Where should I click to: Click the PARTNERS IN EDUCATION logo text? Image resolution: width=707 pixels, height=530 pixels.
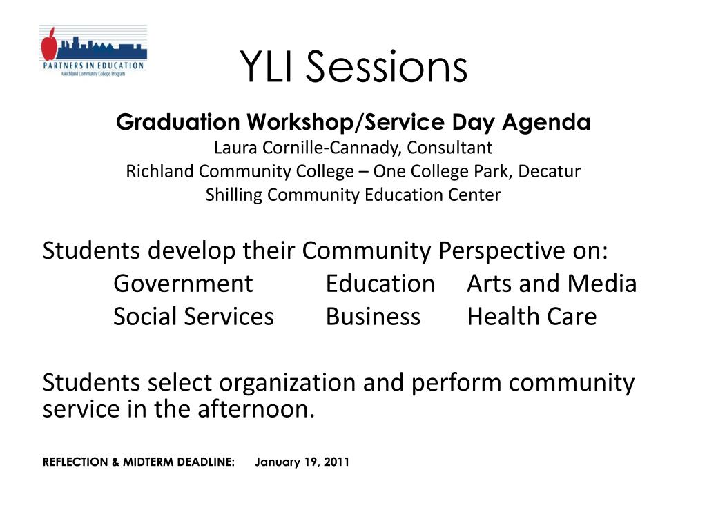(93, 66)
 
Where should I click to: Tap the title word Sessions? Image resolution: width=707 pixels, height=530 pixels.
(386, 67)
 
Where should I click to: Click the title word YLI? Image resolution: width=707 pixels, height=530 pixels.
(267, 67)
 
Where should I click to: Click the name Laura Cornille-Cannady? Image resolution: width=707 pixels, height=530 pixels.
(307, 148)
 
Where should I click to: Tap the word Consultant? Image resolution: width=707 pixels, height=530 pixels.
(449, 148)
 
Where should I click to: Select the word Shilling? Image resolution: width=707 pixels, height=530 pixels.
(234, 195)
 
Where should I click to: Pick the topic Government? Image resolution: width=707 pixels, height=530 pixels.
(183, 284)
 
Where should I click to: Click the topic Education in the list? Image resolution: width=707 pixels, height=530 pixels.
(380, 284)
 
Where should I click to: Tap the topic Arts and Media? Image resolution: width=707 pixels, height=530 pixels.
(551, 284)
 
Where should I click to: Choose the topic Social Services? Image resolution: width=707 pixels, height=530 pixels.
(193, 317)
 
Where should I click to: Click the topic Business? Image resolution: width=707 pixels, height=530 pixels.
(373, 317)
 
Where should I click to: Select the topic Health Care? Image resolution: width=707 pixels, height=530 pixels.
(532, 317)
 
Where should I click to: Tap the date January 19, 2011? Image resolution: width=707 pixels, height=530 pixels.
(302, 462)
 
